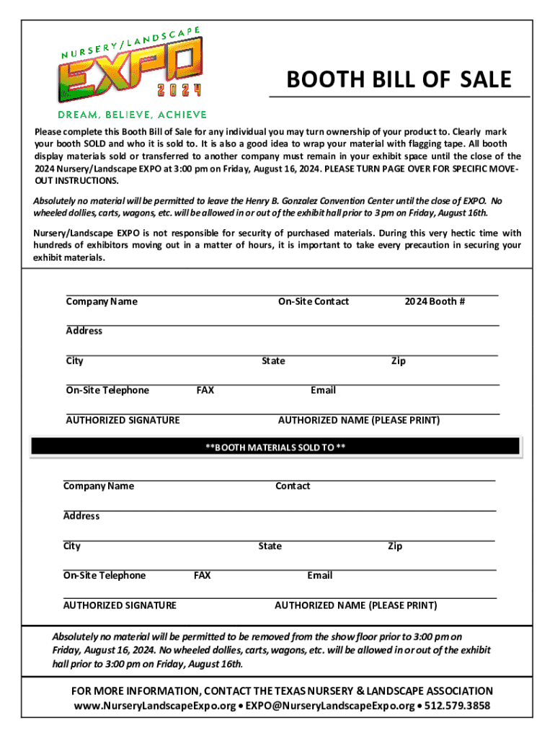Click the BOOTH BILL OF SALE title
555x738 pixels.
point(399,79)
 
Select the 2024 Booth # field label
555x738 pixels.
point(435,301)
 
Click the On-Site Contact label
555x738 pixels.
point(314,301)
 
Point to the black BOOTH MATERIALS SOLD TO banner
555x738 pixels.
point(275,447)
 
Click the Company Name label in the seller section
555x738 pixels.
point(102,301)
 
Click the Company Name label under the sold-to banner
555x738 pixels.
point(99,486)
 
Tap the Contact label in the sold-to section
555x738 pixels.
point(293,486)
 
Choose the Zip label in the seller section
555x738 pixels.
point(398,360)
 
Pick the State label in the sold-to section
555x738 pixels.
point(270,546)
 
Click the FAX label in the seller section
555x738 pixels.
point(205,390)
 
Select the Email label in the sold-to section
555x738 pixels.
point(319,575)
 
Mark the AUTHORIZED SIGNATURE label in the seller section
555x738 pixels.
point(123,420)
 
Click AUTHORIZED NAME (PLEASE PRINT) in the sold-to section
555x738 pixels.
point(355,605)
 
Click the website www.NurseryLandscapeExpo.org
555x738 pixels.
point(156,706)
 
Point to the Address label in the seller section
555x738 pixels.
point(84,331)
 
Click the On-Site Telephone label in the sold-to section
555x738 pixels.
point(105,575)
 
